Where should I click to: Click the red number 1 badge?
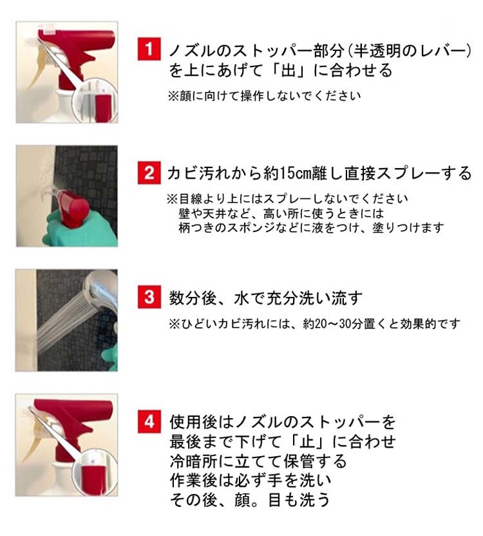coord(149,49)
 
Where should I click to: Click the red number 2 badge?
coord(149,173)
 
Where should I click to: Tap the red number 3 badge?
coord(149,297)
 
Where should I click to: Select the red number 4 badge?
coord(149,422)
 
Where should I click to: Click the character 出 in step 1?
coord(289,70)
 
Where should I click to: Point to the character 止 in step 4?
coord(307,441)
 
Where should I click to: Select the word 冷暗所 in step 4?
coord(194,461)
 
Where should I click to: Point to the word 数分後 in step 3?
coord(193,298)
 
